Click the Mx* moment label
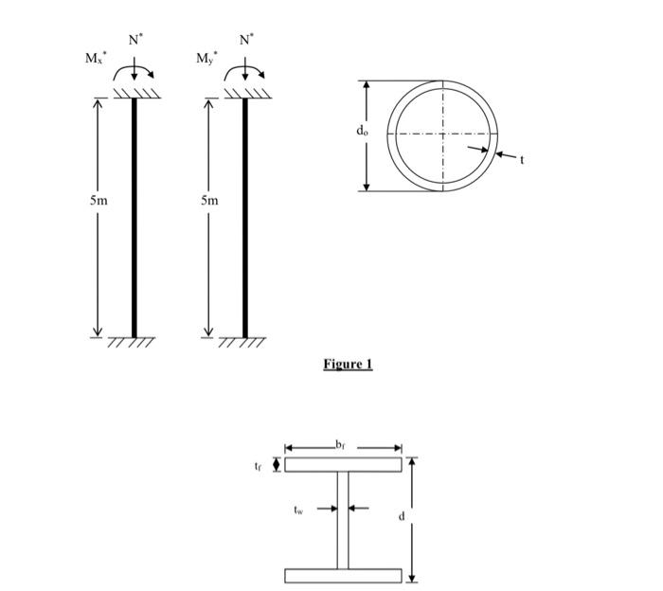click(96, 59)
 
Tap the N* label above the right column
click(246, 40)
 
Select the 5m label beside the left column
click(99, 201)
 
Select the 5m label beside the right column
click(209, 201)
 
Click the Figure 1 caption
click(348, 365)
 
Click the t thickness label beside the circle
click(521, 159)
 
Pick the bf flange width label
click(342, 442)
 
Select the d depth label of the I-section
click(401, 516)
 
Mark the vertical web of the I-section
click(343, 520)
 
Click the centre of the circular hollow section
click(444, 134)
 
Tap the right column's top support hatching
click(245, 93)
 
